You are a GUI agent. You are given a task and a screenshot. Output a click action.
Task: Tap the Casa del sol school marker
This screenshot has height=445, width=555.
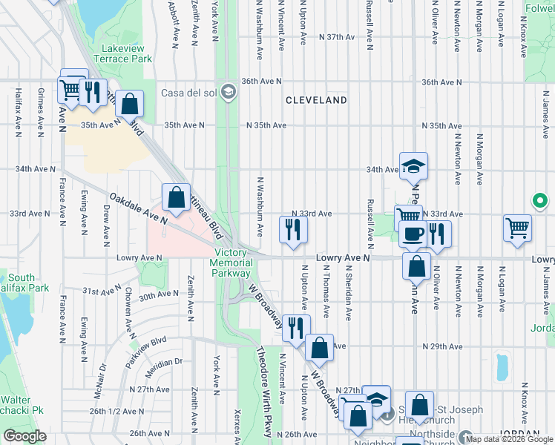click(x=229, y=93)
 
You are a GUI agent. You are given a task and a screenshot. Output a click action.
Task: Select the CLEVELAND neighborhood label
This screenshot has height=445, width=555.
click(x=317, y=99)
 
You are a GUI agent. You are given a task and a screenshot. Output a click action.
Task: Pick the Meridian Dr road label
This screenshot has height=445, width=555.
click(x=164, y=362)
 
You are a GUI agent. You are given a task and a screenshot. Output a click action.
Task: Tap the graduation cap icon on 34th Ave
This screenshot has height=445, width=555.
click(x=413, y=166)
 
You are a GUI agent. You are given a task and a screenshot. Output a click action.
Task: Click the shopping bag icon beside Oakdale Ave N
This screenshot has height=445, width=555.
click(x=176, y=198)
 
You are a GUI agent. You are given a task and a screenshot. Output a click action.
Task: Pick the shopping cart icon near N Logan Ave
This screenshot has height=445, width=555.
click(x=517, y=228)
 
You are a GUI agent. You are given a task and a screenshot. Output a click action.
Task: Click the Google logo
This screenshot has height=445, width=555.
click(x=24, y=436)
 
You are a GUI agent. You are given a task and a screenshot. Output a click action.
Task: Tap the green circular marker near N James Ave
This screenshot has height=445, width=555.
click(x=540, y=201)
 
